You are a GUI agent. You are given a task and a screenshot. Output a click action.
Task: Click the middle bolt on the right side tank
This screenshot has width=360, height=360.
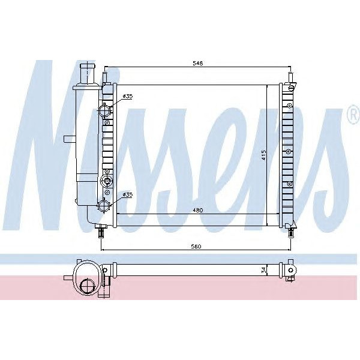coord(289,150)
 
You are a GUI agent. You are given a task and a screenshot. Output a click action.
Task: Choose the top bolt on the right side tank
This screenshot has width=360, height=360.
coord(289,106)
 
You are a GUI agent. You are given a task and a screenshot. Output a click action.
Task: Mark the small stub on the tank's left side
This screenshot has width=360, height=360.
coord(68,139)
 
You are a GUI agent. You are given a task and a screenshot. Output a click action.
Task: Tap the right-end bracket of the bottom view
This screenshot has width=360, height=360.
coord(292,272)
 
